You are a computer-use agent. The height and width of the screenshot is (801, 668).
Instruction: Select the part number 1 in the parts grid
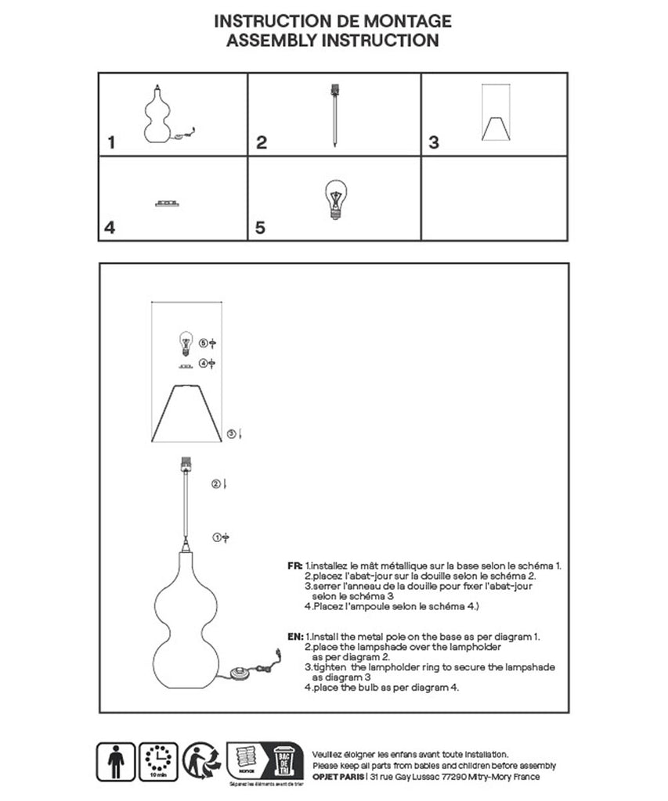tap(111, 142)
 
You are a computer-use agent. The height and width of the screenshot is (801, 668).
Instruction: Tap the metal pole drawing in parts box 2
tap(335, 117)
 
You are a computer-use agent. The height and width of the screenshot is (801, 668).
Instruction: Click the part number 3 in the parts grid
tap(434, 142)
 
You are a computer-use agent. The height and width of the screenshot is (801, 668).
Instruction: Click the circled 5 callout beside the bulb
tap(204, 343)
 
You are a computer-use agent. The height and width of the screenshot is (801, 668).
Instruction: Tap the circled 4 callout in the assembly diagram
tap(204, 364)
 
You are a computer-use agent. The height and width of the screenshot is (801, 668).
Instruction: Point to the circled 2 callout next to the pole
tap(215, 484)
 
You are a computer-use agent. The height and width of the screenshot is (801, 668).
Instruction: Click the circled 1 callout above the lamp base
tap(217, 537)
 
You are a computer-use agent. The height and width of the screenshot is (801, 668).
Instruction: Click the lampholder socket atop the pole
tap(186, 465)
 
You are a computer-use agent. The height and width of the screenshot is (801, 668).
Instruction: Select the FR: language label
tap(295, 565)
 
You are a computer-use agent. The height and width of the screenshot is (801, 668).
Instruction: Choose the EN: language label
tap(295, 638)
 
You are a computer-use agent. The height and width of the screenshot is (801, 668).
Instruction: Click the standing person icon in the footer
tap(115, 760)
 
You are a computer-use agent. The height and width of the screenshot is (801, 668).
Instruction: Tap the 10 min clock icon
tap(161, 761)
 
